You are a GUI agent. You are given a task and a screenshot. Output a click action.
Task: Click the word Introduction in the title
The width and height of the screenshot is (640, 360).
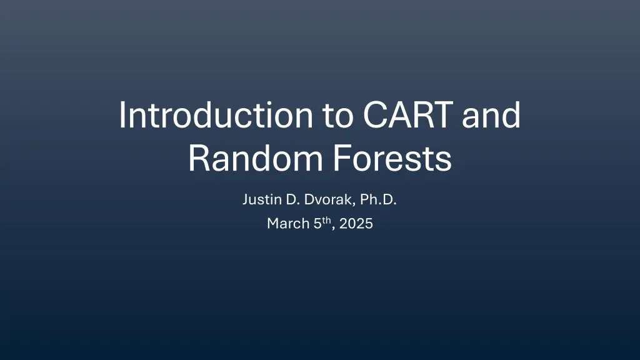(x=216, y=115)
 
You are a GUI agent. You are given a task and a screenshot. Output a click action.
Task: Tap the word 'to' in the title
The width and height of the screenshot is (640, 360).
(x=338, y=116)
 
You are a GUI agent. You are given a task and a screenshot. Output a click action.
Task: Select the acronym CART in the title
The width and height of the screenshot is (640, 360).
(x=407, y=115)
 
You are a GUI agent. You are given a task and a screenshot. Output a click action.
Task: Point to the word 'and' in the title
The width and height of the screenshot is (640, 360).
(x=491, y=115)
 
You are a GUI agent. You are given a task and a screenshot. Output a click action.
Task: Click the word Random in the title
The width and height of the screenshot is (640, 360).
(x=256, y=158)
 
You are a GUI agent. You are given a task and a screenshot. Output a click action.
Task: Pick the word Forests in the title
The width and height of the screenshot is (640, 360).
(x=392, y=158)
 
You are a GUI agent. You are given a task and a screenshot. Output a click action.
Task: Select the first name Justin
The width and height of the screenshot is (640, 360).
(x=262, y=199)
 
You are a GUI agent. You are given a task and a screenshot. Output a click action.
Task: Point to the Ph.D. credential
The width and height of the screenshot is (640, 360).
(x=378, y=199)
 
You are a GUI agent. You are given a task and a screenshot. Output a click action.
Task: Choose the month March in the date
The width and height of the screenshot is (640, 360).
(x=288, y=223)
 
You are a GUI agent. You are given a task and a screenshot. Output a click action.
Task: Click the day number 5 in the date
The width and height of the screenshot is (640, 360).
(x=317, y=224)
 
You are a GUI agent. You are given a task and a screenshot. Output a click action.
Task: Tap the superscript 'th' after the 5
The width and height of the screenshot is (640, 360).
(x=326, y=221)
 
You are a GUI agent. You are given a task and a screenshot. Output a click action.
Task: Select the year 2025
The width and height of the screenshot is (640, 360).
(x=356, y=224)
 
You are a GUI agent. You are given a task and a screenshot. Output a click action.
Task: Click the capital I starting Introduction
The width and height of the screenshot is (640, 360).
(x=121, y=115)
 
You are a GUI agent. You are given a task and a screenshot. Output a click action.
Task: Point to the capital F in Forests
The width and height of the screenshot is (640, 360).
(x=342, y=158)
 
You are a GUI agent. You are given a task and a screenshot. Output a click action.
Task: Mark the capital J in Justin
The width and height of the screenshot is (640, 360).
(x=246, y=199)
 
